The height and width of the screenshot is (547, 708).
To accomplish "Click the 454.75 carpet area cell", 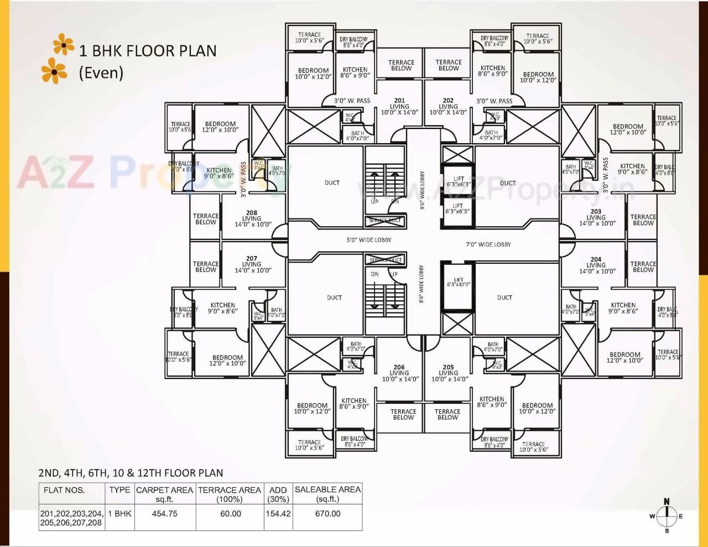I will click(x=164, y=514).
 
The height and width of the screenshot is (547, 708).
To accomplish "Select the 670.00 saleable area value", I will click(x=327, y=514).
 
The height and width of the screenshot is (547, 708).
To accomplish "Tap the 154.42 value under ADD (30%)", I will click(x=278, y=514).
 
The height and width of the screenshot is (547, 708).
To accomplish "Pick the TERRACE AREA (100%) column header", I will click(x=229, y=494).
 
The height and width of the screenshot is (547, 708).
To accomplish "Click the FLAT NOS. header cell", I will click(x=64, y=490).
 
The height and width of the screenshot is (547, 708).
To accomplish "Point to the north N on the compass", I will click(x=667, y=502).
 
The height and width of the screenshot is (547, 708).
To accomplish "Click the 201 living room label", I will click(x=399, y=106).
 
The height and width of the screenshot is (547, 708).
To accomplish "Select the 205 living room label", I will click(x=449, y=373).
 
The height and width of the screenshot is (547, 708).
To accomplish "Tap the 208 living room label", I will click(x=252, y=218).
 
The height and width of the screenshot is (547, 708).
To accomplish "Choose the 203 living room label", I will click(x=596, y=217).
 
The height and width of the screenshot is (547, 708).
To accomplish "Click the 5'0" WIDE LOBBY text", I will click(x=369, y=240).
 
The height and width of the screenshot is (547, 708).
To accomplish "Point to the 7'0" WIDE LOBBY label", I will click(x=488, y=244).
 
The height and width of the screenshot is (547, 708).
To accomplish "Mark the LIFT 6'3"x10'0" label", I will click(x=458, y=282).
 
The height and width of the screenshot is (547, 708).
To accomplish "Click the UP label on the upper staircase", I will click(x=374, y=201).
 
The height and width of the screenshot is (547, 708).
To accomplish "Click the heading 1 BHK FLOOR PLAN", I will click(x=148, y=51).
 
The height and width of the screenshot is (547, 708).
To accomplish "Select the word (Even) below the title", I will click(x=101, y=72).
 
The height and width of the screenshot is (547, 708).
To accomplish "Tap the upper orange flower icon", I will click(x=64, y=45).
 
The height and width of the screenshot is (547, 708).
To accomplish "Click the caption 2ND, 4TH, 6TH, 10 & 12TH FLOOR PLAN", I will click(x=131, y=473).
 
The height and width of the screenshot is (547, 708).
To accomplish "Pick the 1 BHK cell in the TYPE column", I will click(x=119, y=514).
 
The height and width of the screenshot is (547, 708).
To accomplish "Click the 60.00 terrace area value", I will click(x=230, y=514).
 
